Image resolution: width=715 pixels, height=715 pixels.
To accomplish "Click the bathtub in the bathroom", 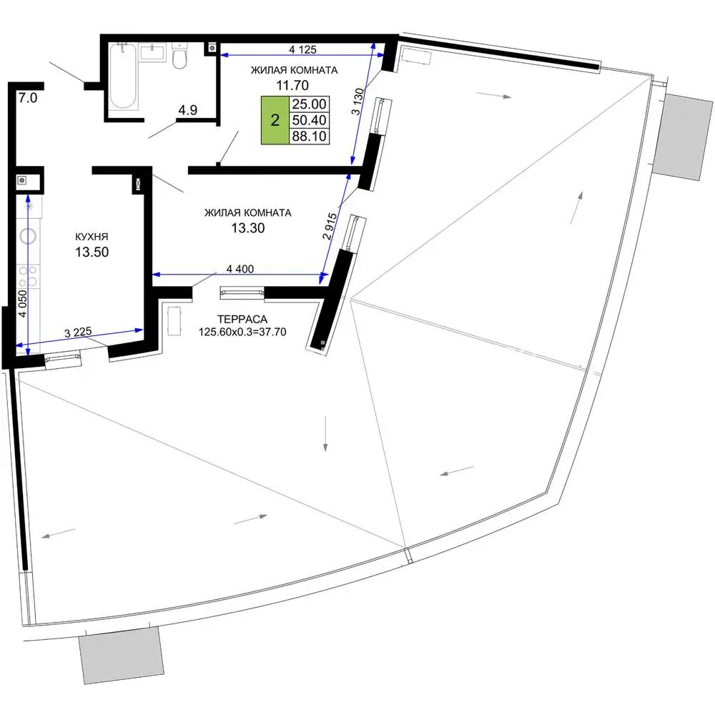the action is coord(123,76).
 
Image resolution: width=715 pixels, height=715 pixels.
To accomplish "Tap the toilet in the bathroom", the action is coord(179,56).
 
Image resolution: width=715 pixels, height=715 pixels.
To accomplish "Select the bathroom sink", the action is coord(153,52).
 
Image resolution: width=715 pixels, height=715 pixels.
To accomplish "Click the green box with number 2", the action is coord(275,120).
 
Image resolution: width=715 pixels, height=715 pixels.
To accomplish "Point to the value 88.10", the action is coord(309,137).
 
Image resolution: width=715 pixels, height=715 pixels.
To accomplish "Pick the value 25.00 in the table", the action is coord(309,104).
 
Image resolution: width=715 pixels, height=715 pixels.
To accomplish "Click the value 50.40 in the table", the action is coord(309,120).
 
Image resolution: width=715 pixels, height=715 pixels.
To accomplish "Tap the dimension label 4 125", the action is coord(302,49).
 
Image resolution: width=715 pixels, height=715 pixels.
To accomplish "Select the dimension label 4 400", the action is coord(240,269).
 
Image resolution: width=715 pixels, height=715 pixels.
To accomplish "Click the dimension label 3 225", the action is coord(78,332).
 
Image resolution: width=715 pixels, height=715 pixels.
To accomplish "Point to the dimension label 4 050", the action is coord(22,303).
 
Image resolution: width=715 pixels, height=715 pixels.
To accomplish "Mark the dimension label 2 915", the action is coord(330,227).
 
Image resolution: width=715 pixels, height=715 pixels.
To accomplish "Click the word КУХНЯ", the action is coord(92,237).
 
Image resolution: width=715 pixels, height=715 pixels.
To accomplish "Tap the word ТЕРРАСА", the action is coord(242,319).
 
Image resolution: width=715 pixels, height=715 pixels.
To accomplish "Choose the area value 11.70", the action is coord(292,85).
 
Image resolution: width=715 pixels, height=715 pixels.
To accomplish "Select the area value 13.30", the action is coord(247,228).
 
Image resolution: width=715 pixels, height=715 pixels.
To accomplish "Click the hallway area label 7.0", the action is coord(28,97).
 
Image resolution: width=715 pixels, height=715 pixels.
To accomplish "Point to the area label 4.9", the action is coord(188,110).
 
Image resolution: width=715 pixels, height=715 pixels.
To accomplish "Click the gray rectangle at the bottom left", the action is coord(122,655).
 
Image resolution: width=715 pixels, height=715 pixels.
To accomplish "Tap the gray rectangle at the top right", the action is coord(683,137).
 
